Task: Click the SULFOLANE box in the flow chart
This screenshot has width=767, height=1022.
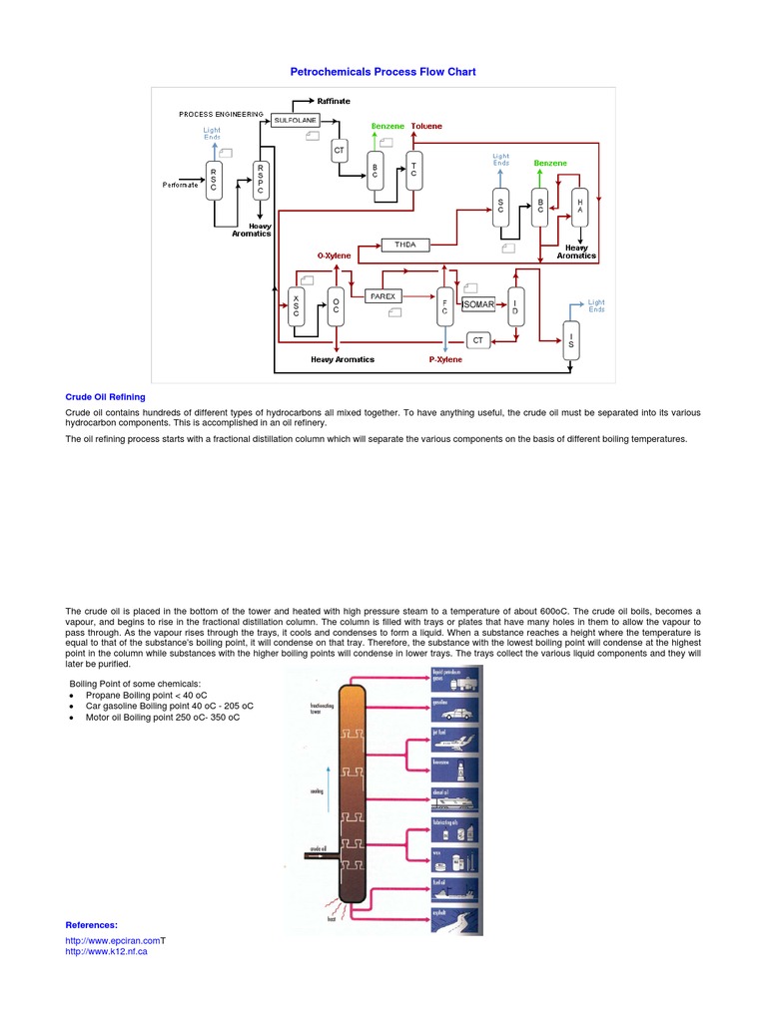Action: point(296,120)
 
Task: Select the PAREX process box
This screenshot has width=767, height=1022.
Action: point(383,296)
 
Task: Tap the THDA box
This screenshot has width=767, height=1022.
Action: point(404,245)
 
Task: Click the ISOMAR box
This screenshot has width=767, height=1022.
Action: point(478,303)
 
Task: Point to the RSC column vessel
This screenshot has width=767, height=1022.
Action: point(214,180)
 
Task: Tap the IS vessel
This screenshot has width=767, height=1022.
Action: point(571,343)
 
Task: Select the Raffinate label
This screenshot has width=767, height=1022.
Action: point(334,102)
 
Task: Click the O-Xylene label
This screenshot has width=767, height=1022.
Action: point(335,255)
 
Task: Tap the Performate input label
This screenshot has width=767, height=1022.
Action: point(182,185)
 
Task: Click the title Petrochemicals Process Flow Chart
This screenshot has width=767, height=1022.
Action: point(383,72)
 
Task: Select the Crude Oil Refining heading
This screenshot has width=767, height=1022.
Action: point(105,396)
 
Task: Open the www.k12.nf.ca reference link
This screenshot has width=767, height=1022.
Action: point(106,951)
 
